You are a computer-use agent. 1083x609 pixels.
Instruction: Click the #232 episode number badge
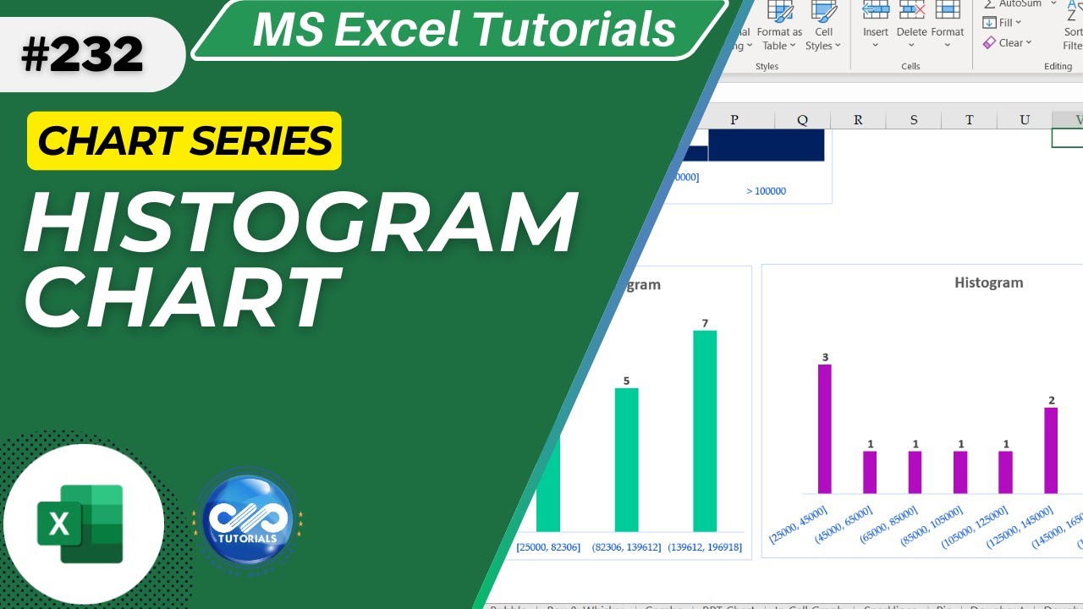tap(82, 55)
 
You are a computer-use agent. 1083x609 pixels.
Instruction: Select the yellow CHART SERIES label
tap(184, 140)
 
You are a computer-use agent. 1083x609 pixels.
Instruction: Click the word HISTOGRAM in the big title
tap(300, 225)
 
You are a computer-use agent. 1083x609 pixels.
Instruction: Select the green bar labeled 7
tap(705, 431)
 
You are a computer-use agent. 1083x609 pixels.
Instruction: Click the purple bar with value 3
tap(825, 429)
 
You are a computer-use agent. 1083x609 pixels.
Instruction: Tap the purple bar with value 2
tap(1051, 450)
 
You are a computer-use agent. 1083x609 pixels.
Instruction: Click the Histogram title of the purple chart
tap(988, 283)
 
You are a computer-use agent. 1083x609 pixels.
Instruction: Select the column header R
tap(858, 120)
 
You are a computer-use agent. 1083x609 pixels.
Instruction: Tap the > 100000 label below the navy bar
tap(766, 191)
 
